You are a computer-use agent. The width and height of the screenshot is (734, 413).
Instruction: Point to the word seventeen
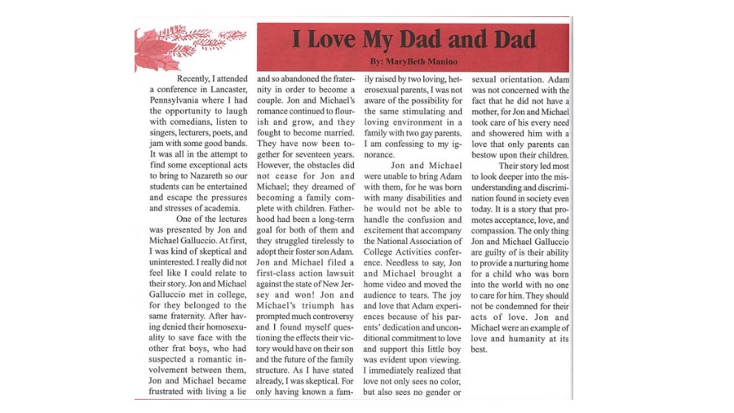pyautogui.click(x=311, y=142)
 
